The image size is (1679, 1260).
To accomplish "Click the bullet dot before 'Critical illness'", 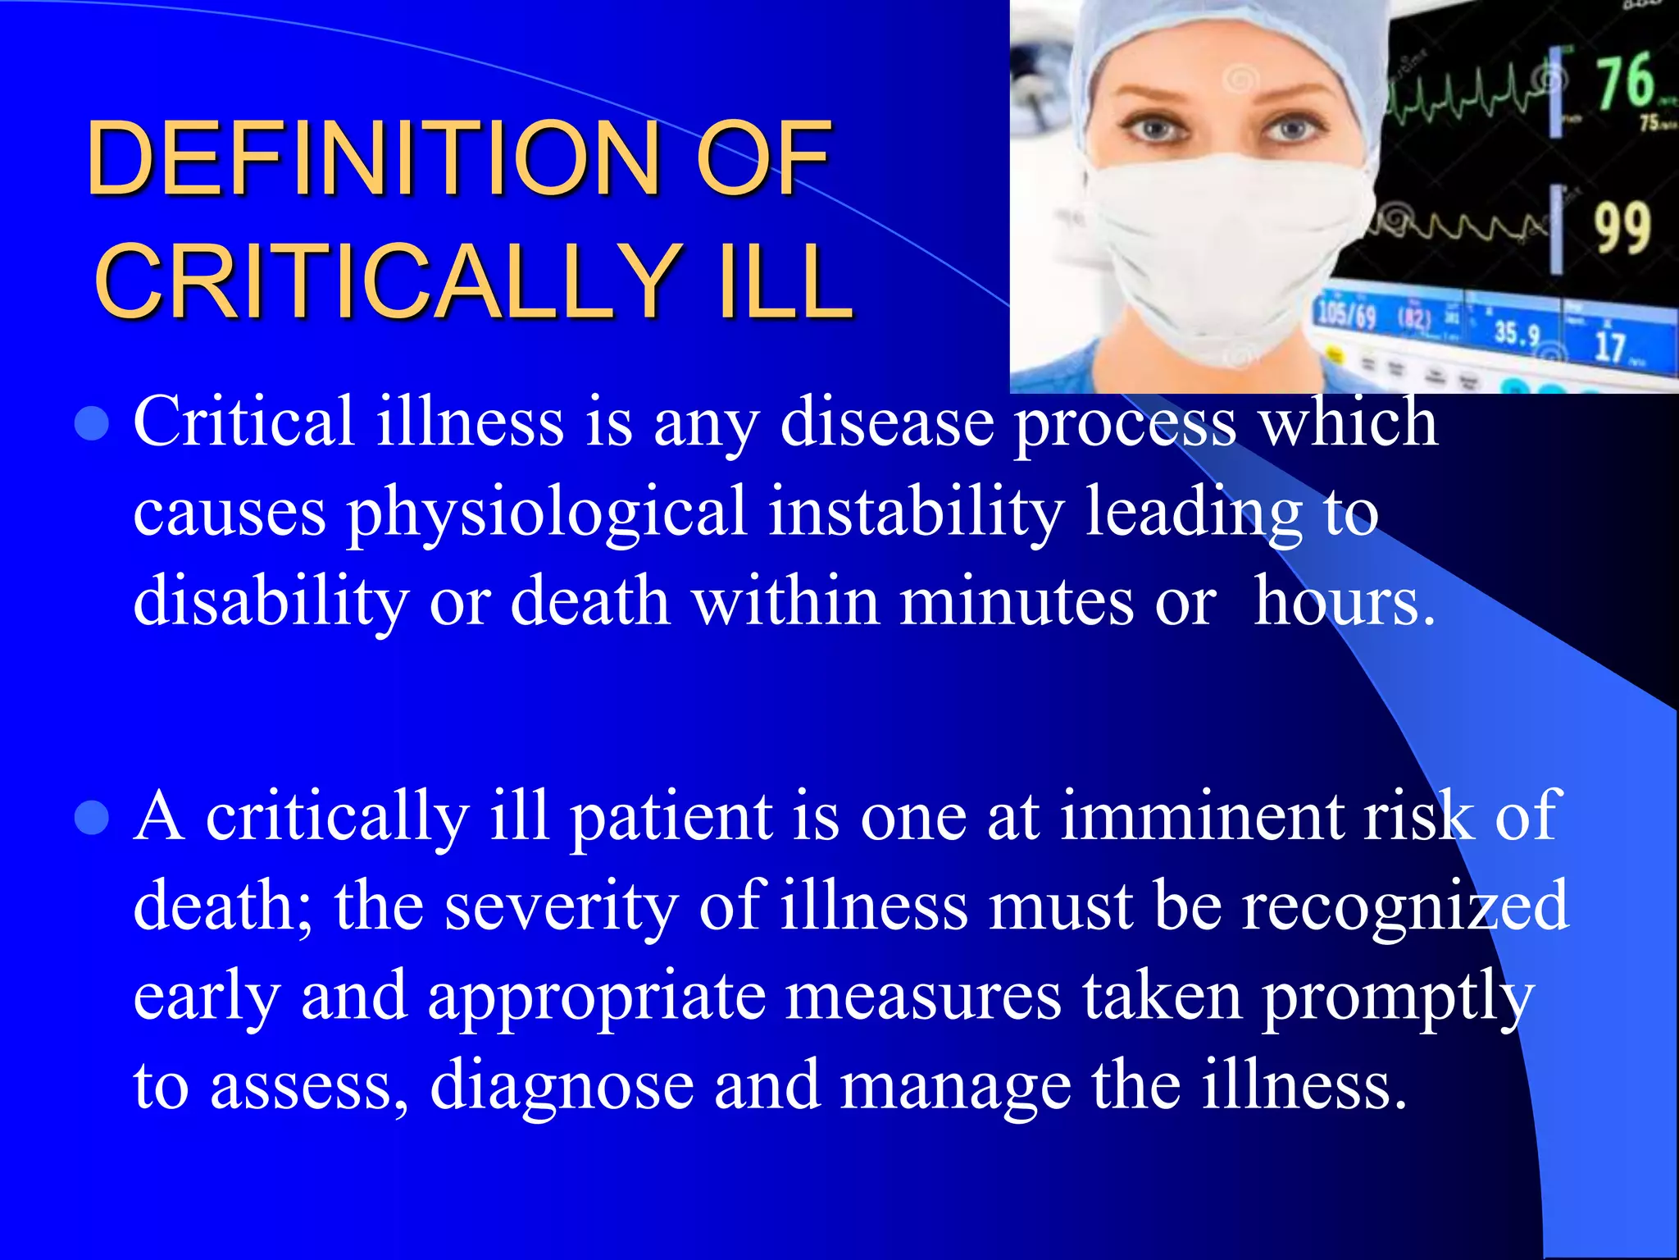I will (92, 424).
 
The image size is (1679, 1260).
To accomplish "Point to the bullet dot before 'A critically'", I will (92, 818).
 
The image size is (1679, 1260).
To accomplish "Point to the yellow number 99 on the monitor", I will (1622, 228).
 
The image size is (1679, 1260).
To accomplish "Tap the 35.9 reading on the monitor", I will (1516, 332).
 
